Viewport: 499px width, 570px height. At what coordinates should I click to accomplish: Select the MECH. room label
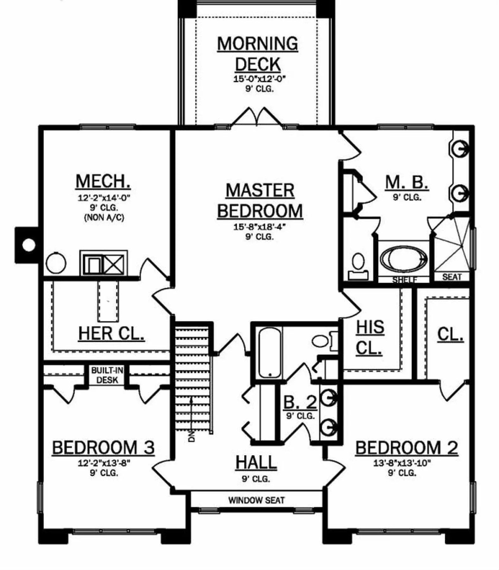coord(103,181)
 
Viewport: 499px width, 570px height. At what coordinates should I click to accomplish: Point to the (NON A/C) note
coord(104,218)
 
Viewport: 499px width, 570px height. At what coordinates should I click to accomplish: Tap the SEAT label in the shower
coord(452,277)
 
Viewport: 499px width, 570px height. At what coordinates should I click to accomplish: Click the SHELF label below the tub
coord(405,280)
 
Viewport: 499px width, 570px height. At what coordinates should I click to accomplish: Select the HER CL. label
coord(111,333)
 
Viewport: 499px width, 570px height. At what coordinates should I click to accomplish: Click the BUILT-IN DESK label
coord(107,375)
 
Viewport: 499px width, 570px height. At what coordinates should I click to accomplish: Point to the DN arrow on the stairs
coord(191,420)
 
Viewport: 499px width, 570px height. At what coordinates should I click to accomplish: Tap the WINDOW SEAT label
coord(256,500)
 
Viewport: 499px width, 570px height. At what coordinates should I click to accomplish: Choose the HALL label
coord(256,462)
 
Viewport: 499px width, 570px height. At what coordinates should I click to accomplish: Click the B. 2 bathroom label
coord(300,402)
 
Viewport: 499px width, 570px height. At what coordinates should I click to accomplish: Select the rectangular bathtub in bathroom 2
coord(270,352)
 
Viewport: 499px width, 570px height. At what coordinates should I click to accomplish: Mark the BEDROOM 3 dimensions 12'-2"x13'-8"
coord(104,463)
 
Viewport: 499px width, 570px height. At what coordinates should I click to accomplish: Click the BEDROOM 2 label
coord(407,448)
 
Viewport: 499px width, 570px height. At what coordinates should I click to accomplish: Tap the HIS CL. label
coord(370,338)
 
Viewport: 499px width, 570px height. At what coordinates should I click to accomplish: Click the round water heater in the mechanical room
coord(56,263)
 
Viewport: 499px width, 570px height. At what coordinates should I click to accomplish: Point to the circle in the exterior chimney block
coord(29,245)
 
